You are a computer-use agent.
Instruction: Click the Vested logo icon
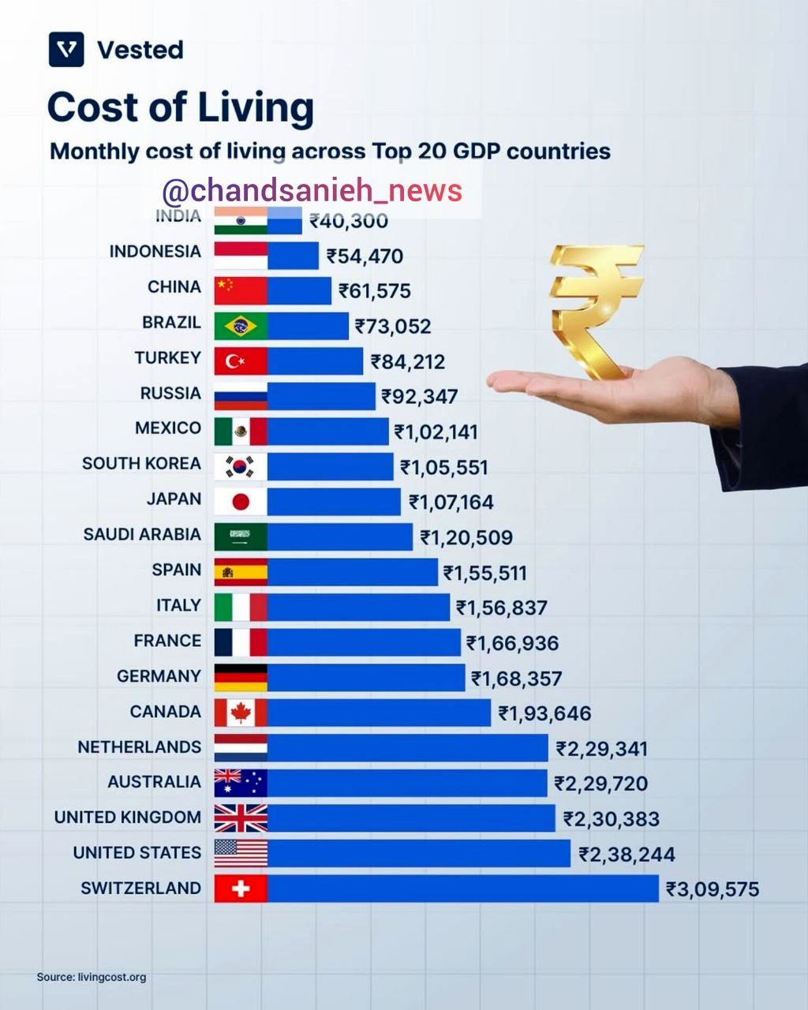(66, 50)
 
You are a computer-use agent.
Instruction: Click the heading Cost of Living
(181, 107)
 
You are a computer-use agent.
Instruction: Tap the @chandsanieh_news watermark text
(312, 191)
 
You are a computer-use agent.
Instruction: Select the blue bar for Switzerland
(462, 888)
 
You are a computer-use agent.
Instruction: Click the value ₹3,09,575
(713, 889)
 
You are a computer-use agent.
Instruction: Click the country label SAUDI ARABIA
(142, 534)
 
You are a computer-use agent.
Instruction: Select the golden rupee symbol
(595, 308)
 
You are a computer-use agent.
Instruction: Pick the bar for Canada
(379, 713)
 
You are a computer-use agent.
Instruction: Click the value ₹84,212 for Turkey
(408, 361)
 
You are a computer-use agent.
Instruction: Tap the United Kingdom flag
(241, 818)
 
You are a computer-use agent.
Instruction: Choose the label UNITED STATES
(137, 853)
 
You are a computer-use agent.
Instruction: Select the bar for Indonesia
(293, 256)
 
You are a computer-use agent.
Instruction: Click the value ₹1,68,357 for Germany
(516, 678)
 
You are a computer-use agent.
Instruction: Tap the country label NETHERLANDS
(139, 746)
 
